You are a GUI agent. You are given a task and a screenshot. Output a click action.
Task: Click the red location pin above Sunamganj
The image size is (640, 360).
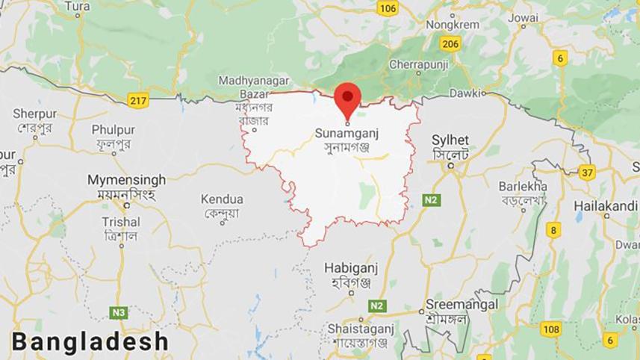click(x=347, y=99)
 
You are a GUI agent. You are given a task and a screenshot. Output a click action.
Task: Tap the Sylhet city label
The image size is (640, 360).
click(x=450, y=140)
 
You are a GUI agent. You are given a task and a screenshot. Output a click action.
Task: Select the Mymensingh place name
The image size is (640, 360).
click(x=126, y=180)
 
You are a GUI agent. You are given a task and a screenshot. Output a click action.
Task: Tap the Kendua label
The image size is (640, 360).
click(x=222, y=199)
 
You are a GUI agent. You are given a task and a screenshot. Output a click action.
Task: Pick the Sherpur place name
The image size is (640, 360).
click(x=35, y=114)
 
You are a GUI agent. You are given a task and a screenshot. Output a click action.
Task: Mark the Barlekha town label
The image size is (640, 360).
click(x=524, y=186)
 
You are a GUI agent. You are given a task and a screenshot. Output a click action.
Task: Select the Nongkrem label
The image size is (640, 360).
click(x=453, y=24)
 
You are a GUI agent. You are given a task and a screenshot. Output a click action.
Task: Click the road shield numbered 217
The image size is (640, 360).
click(x=138, y=100)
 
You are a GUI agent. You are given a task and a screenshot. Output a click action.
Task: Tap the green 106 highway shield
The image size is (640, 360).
click(x=387, y=8)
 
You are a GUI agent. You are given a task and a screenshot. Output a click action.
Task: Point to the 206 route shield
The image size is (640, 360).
click(x=450, y=43)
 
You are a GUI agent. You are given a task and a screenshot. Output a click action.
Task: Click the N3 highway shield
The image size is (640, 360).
click(x=119, y=312)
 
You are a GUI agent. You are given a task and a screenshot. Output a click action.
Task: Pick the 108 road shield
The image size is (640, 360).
click(x=551, y=329)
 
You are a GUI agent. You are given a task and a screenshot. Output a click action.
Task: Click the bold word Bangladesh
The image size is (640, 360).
click(x=90, y=341)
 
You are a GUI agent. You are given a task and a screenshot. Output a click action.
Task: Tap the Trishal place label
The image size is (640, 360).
click(x=120, y=222)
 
